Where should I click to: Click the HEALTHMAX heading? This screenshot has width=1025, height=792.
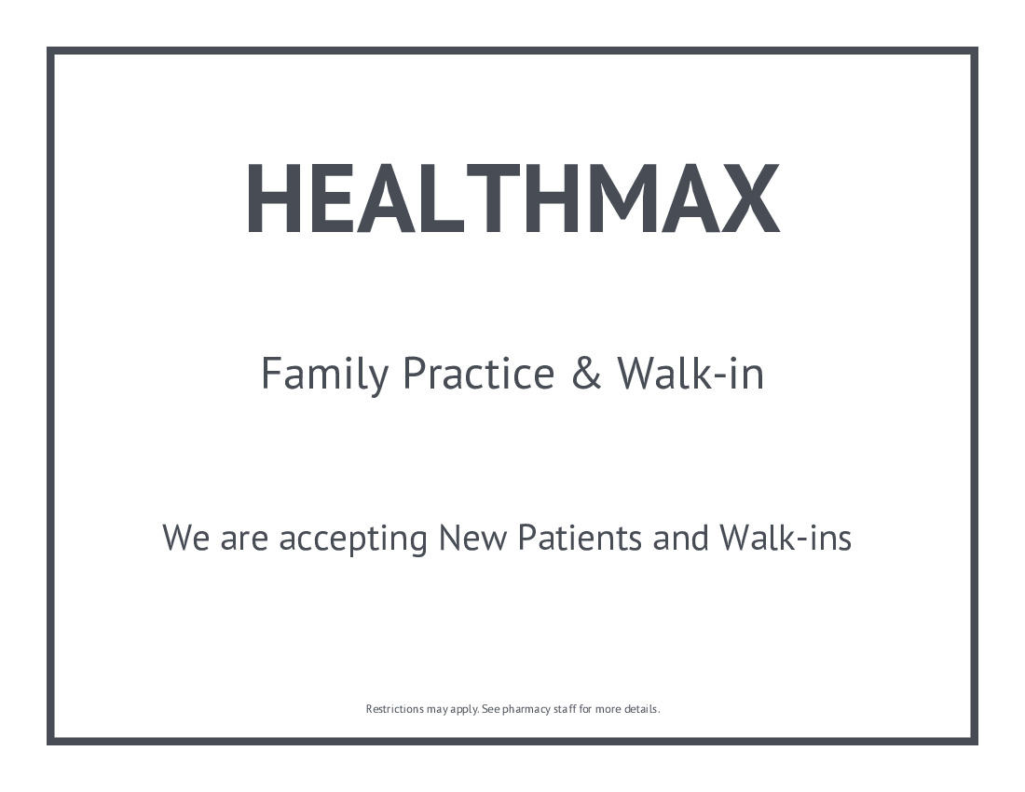tap(513, 198)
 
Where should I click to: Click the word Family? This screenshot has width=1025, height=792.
tap(324, 375)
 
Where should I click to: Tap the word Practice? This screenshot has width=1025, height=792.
tap(479, 373)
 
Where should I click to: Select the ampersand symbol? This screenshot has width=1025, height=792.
tap(586, 373)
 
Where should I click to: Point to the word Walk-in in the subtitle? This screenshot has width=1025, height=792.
tap(690, 373)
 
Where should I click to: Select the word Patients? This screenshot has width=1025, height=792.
tap(580, 538)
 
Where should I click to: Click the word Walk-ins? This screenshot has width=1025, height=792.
tap(786, 538)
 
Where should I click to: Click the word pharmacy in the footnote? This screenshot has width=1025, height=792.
tap(526, 710)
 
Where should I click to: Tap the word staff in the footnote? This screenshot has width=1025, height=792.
tap(564, 709)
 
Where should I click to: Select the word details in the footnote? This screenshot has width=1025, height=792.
tap(641, 709)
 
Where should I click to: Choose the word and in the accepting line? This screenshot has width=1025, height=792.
tap(680, 538)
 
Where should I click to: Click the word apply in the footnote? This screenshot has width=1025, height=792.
tap(464, 710)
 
